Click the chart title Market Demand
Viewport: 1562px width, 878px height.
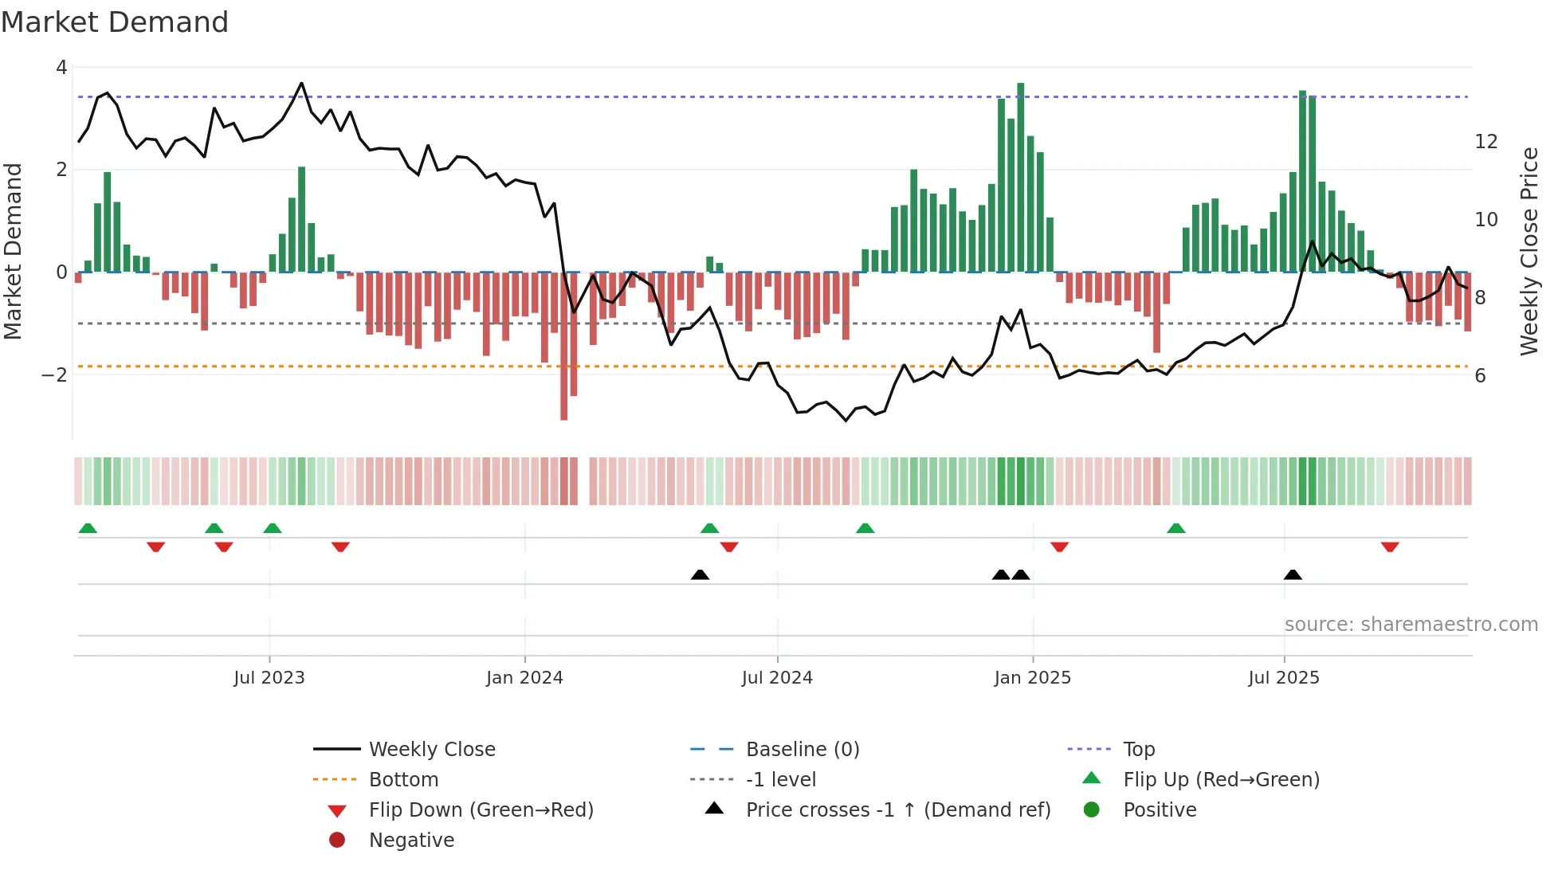(x=115, y=22)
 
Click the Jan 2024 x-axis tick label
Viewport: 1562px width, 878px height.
(x=524, y=678)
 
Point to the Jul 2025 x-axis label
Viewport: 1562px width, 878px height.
(x=1283, y=678)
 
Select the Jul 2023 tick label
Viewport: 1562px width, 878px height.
(x=269, y=678)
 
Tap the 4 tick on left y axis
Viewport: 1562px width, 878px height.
(x=61, y=68)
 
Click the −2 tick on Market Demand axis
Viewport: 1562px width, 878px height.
(x=55, y=374)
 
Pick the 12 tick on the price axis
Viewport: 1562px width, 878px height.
(x=1486, y=142)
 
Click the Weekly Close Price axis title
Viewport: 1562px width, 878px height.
(x=1529, y=251)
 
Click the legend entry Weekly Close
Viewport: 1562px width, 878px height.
(x=431, y=750)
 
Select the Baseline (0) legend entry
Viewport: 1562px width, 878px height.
(x=802, y=750)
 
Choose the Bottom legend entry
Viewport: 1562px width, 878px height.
(x=403, y=780)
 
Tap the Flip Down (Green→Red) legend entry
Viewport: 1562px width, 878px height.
(x=481, y=810)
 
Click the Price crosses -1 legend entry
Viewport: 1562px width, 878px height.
(x=897, y=810)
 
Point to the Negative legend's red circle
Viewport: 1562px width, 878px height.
(x=337, y=841)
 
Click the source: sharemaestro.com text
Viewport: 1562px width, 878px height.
(x=1411, y=625)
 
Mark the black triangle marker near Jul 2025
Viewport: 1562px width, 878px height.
(x=1293, y=574)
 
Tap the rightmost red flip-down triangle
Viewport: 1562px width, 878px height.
(x=1390, y=547)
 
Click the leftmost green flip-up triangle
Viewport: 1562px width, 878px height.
(x=88, y=528)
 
